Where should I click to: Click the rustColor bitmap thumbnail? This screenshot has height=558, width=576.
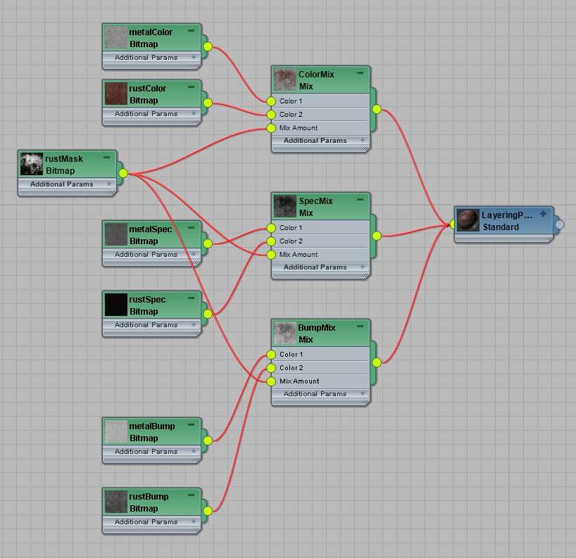click(x=116, y=94)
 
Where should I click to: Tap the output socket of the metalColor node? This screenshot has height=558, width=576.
click(x=208, y=46)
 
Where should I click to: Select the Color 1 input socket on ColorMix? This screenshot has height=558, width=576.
click(x=271, y=101)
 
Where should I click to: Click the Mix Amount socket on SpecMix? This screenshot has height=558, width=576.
click(x=271, y=255)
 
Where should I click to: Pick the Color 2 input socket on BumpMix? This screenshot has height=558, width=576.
click(x=271, y=368)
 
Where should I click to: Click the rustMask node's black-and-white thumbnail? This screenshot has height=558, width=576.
click(x=32, y=164)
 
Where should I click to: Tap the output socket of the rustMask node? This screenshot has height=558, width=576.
click(x=123, y=173)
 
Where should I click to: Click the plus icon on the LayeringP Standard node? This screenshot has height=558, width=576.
click(x=544, y=214)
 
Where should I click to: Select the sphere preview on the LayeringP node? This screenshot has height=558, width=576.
click(x=468, y=220)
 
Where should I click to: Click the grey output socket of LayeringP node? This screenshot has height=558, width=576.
click(x=560, y=224)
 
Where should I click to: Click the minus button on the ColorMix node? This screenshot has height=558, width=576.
click(x=360, y=72)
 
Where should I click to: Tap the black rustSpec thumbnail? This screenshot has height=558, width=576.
click(x=116, y=305)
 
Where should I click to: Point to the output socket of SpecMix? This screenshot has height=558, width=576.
click(x=377, y=236)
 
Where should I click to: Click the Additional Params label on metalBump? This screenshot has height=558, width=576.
click(x=146, y=452)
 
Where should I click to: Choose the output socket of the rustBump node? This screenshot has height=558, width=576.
click(x=208, y=511)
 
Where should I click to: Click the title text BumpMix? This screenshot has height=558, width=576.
click(x=317, y=327)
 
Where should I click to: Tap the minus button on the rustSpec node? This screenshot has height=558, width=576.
click(x=191, y=298)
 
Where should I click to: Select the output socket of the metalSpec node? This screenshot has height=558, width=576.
click(x=208, y=243)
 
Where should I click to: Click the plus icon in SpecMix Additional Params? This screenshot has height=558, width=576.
click(x=363, y=267)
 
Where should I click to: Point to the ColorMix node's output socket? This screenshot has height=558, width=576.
click(x=377, y=109)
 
